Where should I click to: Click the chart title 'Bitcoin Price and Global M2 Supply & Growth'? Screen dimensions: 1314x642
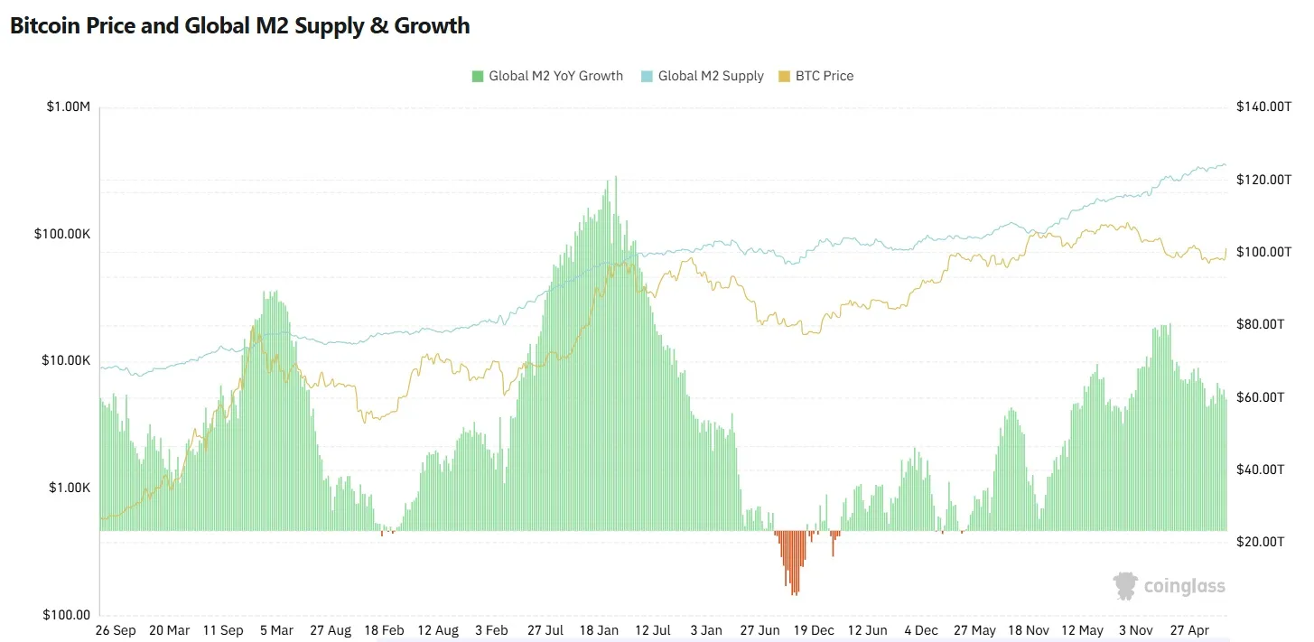tap(240, 26)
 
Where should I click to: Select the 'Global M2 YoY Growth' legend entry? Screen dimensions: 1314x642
tap(547, 76)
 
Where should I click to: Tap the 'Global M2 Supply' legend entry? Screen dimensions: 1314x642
tap(703, 76)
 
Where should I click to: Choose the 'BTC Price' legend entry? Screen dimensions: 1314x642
tap(816, 76)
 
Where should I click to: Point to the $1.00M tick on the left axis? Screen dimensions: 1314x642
tap(69, 107)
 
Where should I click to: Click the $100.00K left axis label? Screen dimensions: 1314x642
tap(62, 234)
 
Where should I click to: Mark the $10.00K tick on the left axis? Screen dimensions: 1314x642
tap(66, 360)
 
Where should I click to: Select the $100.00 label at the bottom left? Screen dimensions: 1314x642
tap(66, 614)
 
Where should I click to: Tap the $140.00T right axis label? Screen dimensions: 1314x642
tap(1263, 107)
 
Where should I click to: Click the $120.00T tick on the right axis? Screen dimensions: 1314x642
tap(1263, 180)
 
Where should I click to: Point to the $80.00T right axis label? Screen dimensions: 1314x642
tap(1260, 324)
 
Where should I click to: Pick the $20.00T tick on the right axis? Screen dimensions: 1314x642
tap(1260, 542)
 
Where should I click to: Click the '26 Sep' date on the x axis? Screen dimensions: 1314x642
tap(116, 630)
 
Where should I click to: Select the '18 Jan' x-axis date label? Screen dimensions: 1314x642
tap(599, 630)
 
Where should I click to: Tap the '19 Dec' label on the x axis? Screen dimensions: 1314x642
tap(814, 630)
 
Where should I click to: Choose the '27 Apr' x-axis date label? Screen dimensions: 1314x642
tap(1189, 630)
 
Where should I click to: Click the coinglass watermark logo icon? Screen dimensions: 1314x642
tap(1125, 586)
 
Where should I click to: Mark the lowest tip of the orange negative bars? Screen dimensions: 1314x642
tap(794, 596)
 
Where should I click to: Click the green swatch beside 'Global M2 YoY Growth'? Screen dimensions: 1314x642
tap(478, 76)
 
